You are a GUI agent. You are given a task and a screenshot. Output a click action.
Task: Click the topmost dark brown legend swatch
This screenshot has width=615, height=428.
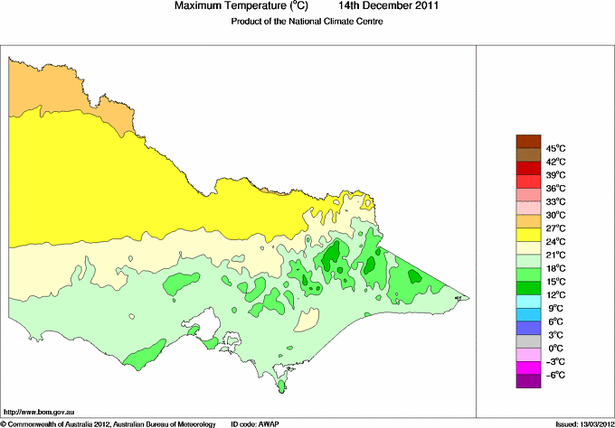pos(527,141)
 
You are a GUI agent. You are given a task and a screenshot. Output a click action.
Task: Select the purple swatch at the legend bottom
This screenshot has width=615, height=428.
pos(527,381)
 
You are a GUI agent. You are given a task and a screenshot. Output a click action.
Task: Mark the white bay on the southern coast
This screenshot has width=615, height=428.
pos(206,323)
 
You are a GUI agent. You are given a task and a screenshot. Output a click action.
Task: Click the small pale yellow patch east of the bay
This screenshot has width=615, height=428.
pos(307,320)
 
